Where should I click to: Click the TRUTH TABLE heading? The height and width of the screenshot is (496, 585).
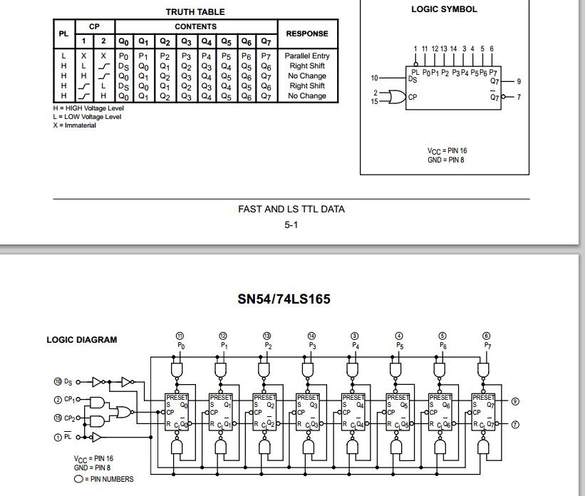click(195, 12)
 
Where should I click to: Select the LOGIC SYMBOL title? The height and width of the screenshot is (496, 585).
click(444, 9)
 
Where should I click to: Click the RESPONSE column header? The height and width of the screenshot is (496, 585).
click(307, 33)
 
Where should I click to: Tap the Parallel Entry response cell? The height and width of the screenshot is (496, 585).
click(307, 56)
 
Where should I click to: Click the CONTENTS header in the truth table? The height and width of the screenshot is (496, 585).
click(195, 26)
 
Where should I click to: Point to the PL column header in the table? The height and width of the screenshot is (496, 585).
click(63, 33)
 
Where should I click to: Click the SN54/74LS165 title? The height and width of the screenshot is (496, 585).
click(284, 299)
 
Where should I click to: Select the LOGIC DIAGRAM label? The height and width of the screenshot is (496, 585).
click(82, 340)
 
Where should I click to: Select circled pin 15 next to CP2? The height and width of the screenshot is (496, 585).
click(58, 418)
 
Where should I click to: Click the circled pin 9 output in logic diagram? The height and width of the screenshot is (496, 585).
click(515, 402)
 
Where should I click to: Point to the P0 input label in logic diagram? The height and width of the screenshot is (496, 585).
click(180, 345)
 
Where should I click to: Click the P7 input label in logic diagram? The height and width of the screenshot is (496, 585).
click(487, 345)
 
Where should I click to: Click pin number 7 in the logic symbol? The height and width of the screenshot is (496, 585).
click(519, 97)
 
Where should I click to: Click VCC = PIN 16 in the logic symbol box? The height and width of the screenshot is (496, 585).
click(447, 151)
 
